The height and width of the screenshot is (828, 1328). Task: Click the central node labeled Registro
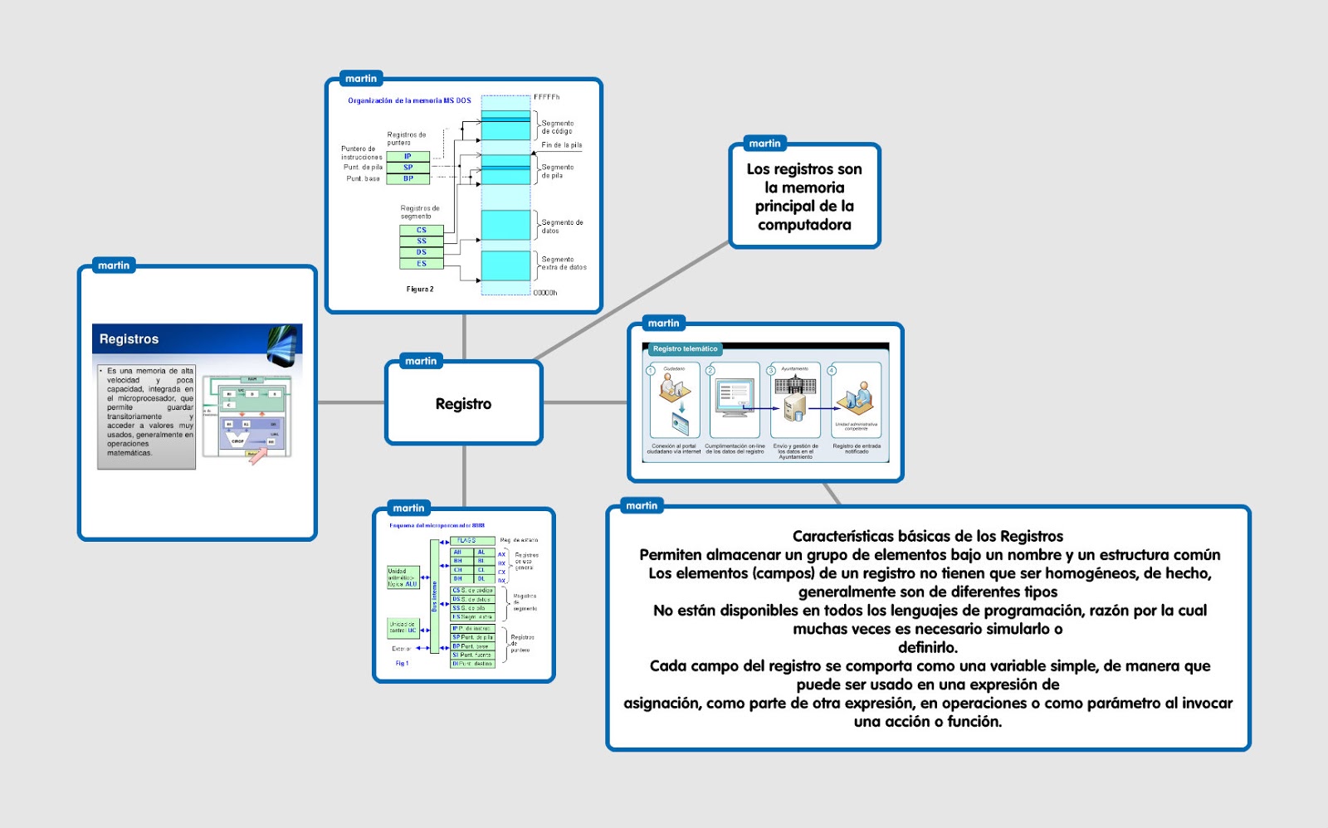[463, 404]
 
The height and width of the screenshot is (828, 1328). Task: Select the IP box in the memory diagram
[408, 156]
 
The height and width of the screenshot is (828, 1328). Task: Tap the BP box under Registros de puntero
[408, 178]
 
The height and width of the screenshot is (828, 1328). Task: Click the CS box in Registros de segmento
[421, 230]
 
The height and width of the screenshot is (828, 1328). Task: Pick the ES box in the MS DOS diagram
[421, 264]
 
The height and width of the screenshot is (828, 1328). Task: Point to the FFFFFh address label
[546, 97]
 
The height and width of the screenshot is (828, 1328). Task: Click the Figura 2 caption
[419, 290]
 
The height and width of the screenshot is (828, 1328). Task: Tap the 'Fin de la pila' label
[561, 145]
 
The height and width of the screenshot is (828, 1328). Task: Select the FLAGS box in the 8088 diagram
[467, 541]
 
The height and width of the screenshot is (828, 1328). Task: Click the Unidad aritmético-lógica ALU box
[403, 577]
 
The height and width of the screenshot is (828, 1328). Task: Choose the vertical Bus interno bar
[434, 596]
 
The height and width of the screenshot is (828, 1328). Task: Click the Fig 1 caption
[402, 664]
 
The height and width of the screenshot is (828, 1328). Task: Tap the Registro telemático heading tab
[684, 349]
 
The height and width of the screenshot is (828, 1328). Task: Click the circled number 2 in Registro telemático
[710, 370]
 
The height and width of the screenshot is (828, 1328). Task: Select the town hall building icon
[795, 385]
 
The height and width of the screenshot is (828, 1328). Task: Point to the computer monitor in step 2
[735, 396]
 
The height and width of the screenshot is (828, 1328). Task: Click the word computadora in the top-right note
[803, 225]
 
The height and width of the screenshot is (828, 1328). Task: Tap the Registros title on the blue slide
[129, 339]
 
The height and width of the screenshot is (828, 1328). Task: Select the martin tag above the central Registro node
[421, 361]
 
